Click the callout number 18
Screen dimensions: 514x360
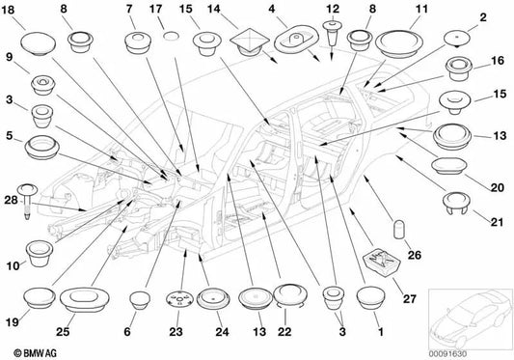click(x=8, y=10)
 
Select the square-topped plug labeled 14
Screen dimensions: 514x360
click(x=250, y=42)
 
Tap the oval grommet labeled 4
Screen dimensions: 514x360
click(x=296, y=39)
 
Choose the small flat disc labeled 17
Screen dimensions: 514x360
click(x=171, y=36)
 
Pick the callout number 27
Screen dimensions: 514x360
click(x=410, y=299)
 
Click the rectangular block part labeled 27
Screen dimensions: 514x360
click(x=382, y=262)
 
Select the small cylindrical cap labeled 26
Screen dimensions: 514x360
click(x=398, y=229)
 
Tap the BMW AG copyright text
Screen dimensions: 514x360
click(x=35, y=353)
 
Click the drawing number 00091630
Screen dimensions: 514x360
click(x=447, y=354)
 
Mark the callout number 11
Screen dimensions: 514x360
click(x=421, y=9)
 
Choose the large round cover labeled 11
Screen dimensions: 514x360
click(x=398, y=43)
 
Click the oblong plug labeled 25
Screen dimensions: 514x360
click(x=85, y=299)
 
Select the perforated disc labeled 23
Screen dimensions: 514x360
click(x=179, y=298)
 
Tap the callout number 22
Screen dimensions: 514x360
click(x=284, y=331)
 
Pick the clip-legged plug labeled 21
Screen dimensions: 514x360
click(x=456, y=203)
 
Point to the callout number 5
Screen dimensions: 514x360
click(x=10, y=135)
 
